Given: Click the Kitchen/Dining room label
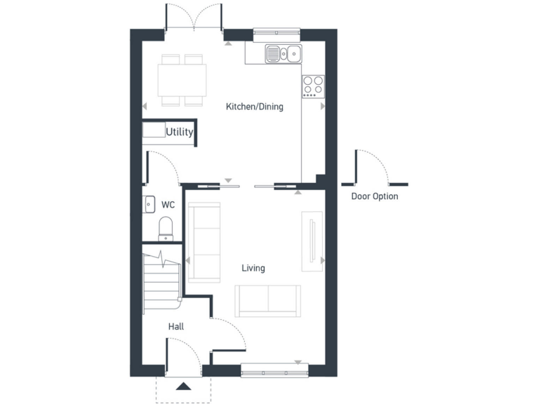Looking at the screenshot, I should click(x=254, y=107).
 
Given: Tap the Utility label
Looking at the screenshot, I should click(x=179, y=131).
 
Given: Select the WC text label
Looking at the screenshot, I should click(x=168, y=205).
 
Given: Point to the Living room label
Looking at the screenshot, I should click(x=253, y=268).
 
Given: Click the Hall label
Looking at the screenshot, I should click(x=175, y=326).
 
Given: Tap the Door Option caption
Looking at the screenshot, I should click(x=374, y=196).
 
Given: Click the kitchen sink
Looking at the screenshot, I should click(x=283, y=53).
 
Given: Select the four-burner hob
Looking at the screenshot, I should click(x=313, y=86).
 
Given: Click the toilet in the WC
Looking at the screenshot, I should click(x=166, y=227).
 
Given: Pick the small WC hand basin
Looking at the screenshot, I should click(x=148, y=204).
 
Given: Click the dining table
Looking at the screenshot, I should click(x=182, y=79).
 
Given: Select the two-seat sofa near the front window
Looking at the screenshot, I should click(x=268, y=301).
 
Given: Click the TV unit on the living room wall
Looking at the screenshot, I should click(x=312, y=241).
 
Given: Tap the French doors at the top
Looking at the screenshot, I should click(x=194, y=18).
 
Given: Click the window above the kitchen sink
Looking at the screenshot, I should click(x=276, y=31).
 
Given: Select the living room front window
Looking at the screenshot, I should click(x=274, y=369).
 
